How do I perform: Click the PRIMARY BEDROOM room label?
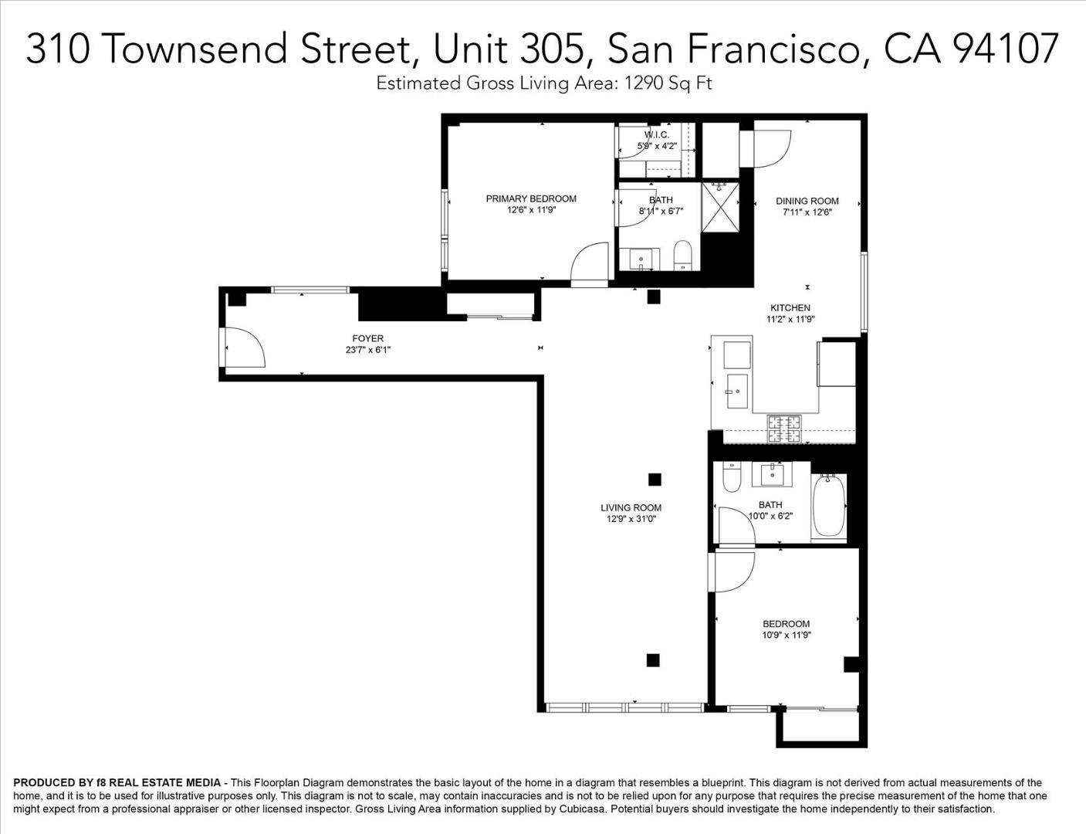click(531, 198)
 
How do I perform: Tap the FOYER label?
click(367, 338)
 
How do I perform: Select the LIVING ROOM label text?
click(631, 507)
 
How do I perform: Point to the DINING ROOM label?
click(807, 201)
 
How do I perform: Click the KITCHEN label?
click(790, 307)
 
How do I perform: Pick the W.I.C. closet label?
click(657, 134)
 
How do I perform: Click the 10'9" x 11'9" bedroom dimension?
click(786, 636)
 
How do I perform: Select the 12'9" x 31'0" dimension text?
click(631, 519)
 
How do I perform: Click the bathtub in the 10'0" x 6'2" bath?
click(829, 507)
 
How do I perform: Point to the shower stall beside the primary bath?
click(719, 207)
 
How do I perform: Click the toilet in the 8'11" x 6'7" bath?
click(683, 254)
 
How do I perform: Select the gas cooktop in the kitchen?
click(783, 429)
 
